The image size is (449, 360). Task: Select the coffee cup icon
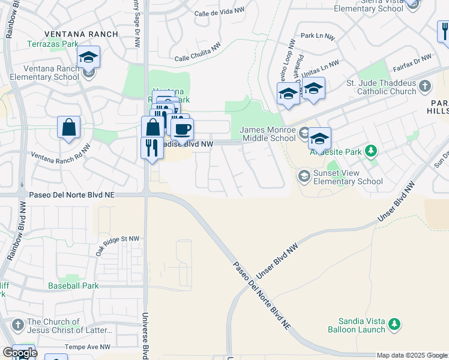pyautogui.click(x=182, y=128)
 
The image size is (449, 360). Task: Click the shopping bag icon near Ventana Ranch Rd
pyautogui.click(x=69, y=127)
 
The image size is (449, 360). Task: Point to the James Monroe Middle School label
pyautogui.click(x=268, y=134)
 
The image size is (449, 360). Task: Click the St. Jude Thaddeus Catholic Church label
pyautogui.click(x=381, y=87)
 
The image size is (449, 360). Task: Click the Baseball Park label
pyautogui.click(x=74, y=286)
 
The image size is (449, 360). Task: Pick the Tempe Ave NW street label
pyautogui.click(x=88, y=347)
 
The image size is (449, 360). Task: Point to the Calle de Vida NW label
pyautogui.click(x=220, y=12)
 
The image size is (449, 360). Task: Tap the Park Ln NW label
pyautogui.click(x=318, y=37)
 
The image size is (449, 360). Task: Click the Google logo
pyautogui.click(x=20, y=353)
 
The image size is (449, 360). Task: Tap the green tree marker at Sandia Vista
pyautogui.click(x=394, y=325)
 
